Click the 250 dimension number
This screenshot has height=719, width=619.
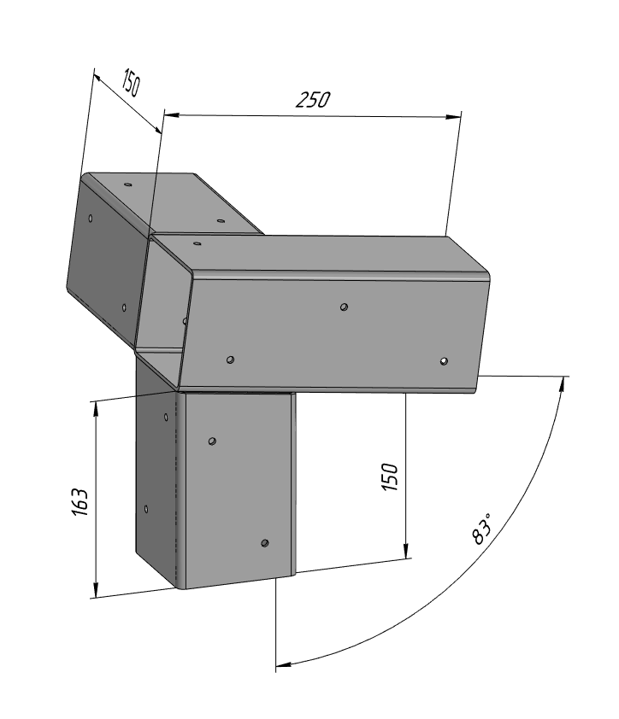[x=313, y=100]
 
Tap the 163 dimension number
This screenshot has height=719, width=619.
[x=80, y=502]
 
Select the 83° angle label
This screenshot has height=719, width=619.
[x=481, y=529]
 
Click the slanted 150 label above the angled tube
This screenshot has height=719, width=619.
[x=131, y=83]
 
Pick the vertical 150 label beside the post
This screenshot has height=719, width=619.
[x=390, y=477]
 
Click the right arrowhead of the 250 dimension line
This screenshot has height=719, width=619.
[x=453, y=116]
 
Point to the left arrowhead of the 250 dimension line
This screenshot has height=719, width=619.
[x=172, y=114]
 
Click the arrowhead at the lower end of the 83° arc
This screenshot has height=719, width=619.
[x=284, y=664]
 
